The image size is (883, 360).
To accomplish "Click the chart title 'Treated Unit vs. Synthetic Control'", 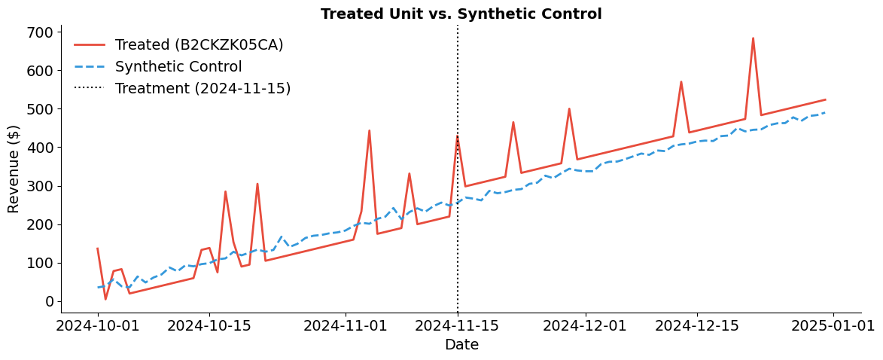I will pyautogui.click(x=461, y=14).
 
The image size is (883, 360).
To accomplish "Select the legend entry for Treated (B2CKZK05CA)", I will pyautogui.click(x=199, y=45).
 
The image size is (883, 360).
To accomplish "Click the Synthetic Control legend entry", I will pyautogui.click(x=178, y=67).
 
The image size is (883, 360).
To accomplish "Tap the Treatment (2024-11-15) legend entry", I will pyautogui.click(x=202, y=89).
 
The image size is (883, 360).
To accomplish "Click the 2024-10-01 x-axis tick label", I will pyautogui.click(x=98, y=326).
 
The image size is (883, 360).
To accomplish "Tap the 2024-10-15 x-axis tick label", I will pyautogui.click(x=209, y=326).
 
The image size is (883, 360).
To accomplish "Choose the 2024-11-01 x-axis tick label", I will pyautogui.click(x=346, y=326).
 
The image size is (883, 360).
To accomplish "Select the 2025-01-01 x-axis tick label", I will pyautogui.click(x=833, y=326).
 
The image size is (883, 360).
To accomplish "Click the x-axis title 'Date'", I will pyautogui.click(x=461, y=345).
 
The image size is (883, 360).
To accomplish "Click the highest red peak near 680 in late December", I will pyautogui.click(x=753, y=38).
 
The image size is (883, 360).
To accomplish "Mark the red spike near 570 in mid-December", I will pyautogui.click(x=681, y=82).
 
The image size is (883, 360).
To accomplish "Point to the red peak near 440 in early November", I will pyautogui.click(x=369, y=131).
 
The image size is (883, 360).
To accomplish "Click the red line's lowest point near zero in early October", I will pyautogui.click(x=105, y=299).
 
